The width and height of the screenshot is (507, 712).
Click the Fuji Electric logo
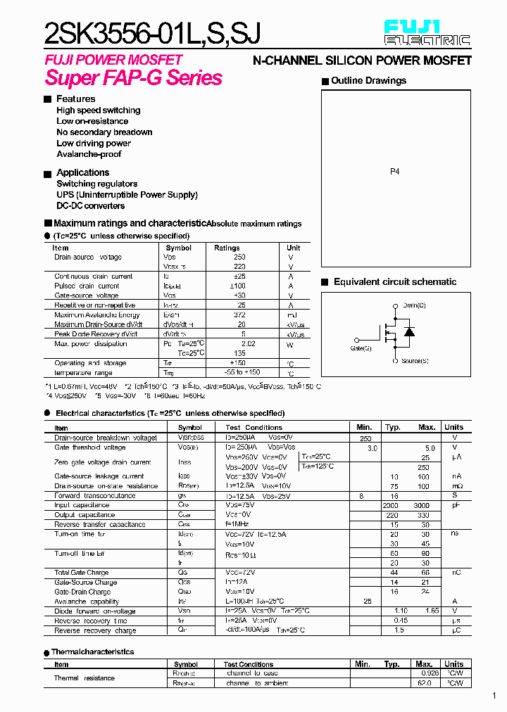click(427, 33)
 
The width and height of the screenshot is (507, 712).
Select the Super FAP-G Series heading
click(134, 78)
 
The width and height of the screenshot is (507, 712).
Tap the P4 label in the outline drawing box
click(394, 172)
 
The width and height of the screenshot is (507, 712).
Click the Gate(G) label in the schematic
click(361, 348)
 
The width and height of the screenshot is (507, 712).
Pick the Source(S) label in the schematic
click(415, 361)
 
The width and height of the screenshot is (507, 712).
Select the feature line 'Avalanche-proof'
click(89, 154)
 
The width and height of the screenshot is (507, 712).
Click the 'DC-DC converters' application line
click(91, 206)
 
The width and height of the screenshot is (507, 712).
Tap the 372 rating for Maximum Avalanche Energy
click(239, 315)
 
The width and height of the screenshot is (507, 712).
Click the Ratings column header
click(227, 248)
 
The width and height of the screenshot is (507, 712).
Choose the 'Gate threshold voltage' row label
click(90, 447)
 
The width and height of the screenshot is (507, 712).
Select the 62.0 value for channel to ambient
click(425, 683)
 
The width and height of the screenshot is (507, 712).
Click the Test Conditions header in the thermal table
click(249, 664)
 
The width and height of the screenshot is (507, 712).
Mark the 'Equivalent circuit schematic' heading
click(394, 282)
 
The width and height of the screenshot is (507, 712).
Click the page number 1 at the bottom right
click(494, 696)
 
